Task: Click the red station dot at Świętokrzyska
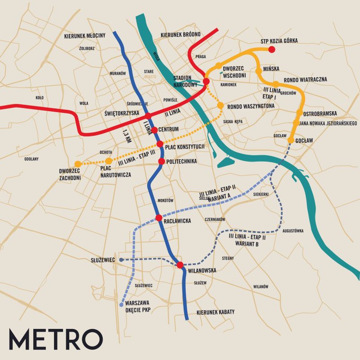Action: tap(148, 116)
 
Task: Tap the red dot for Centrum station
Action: tap(154, 130)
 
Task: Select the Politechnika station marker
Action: tap(161, 161)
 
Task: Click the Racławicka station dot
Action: tap(159, 218)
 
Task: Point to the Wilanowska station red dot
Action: tap(180, 265)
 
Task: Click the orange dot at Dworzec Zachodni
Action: tap(78, 164)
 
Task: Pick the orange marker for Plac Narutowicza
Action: tap(108, 161)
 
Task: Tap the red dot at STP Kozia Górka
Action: tap(271, 49)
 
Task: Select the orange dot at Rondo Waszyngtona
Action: tap(220, 105)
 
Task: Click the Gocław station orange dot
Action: tap(291, 140)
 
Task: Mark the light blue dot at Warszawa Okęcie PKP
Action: tap(121, 305)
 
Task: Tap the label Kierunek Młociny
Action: tap(85, 36)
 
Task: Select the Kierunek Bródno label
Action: tap(180, 35)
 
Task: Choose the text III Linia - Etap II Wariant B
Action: tap(247, 239)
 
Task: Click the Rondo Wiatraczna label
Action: tap(305, 80)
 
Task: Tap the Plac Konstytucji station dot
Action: tap(160, 144)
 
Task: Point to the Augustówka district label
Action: tap(293, 231)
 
